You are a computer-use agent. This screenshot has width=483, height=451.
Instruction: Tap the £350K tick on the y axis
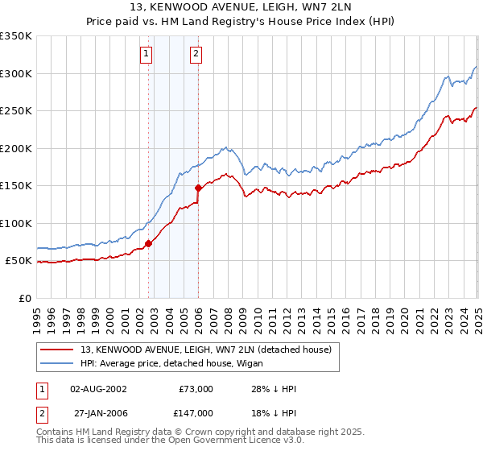(x=16, y=36)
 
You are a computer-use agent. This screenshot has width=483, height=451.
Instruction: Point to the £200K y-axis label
(x=16, y=148)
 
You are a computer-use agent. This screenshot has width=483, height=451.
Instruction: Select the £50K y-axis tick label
(x=19, y=261)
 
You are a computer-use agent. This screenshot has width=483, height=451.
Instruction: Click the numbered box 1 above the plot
(x=147, y=54)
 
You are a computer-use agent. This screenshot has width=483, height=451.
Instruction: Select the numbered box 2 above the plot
(x=196, y=54)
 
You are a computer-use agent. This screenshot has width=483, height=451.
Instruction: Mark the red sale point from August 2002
(x=148, y=243)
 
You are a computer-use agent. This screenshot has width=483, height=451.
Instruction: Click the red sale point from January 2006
(x=199, y=188)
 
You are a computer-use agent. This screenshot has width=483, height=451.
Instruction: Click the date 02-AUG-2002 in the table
(x=98, y=388)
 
